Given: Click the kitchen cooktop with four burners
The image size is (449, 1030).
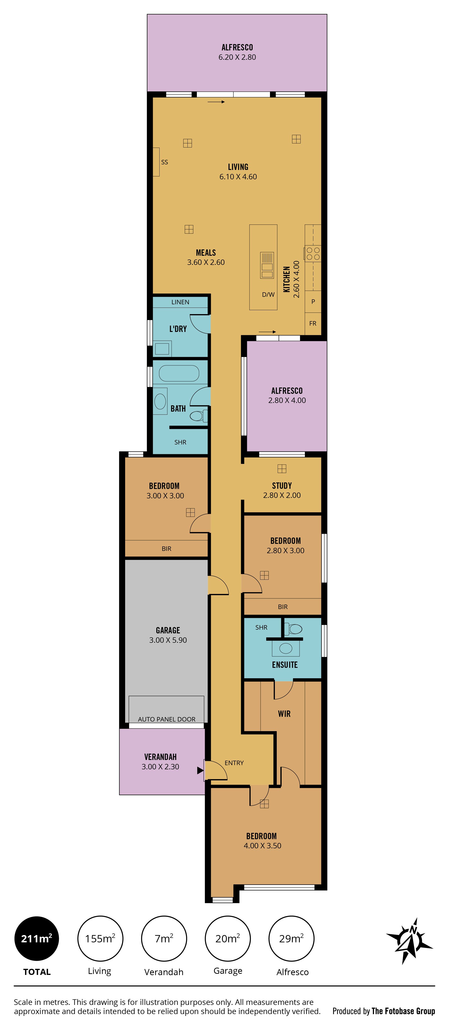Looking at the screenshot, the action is (313, 253).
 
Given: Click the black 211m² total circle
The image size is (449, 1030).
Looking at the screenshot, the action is (37, 938).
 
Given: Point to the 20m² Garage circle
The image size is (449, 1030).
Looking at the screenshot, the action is (228, 938).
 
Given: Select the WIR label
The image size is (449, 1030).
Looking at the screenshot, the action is (284, 714).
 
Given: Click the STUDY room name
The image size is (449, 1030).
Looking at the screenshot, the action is (282, 486).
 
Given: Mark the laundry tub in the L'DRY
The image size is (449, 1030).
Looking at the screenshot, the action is (162, 349).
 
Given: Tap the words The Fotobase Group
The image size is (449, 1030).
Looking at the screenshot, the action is (403, 1011).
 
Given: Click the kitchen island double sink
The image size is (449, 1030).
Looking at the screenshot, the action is (267, 265).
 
